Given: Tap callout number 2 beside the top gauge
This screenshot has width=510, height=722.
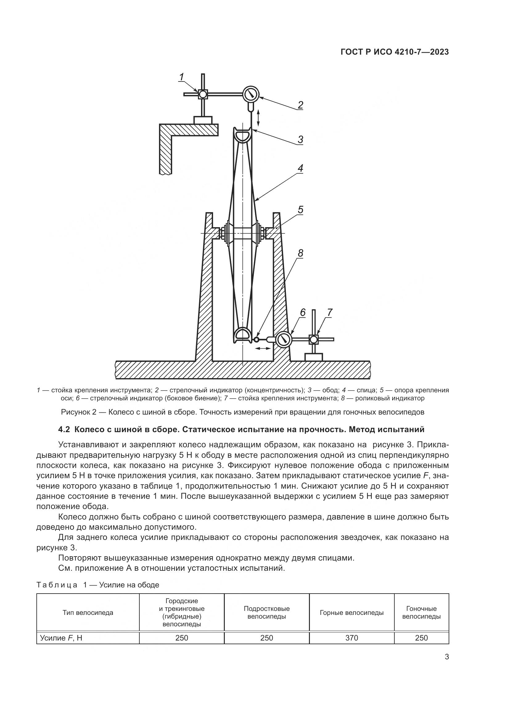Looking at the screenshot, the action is click(301, 105).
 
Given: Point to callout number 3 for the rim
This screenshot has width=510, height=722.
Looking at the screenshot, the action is click(301, 139).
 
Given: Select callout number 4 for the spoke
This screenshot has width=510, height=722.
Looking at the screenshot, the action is click(301, 168).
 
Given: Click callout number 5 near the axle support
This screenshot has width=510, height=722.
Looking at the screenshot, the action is click(301, 210).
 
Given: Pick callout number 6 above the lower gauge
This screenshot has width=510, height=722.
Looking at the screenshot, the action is click(303, 312).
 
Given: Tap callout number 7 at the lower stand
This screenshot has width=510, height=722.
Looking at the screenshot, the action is click(329, 312).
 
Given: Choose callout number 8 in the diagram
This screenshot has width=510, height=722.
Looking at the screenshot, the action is click(301, 253).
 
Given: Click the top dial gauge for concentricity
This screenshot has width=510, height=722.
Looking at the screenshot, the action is click(251, 94).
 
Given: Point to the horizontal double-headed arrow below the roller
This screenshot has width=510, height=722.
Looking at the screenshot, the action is click(262, 348).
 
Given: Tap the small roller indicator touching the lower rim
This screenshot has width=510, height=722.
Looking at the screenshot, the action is click(257, 339).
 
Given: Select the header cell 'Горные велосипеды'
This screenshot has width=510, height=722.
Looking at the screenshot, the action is click(352, 612).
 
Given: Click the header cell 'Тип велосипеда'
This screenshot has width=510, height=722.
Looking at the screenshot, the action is click(88, 612).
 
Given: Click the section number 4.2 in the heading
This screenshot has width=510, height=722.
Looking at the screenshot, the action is click(65, 429).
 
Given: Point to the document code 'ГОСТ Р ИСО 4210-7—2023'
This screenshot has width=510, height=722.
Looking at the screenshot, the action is click(395, 52).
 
